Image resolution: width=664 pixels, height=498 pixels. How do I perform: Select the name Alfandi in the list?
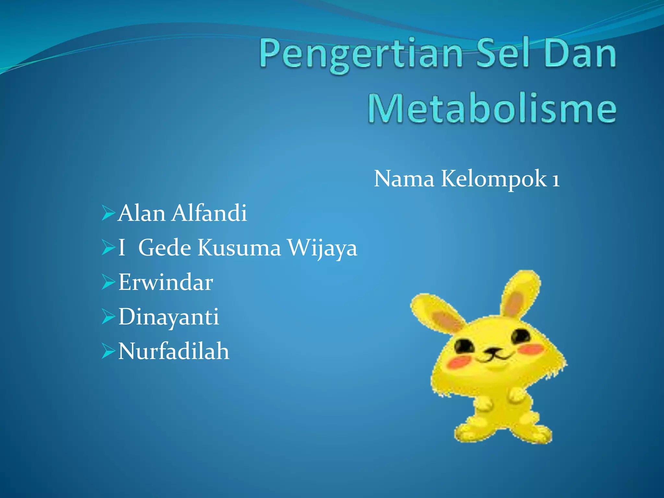tap(209, 213)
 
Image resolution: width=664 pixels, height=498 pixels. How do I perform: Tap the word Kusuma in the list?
tap(239, 248)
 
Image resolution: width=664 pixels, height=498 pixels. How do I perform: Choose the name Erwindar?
tap(165, 282)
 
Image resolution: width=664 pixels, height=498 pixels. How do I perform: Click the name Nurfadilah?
tap(174, 351)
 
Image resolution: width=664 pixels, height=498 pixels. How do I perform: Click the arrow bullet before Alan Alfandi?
tap(108, 213)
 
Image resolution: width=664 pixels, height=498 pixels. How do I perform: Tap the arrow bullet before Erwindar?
tap(108, 282)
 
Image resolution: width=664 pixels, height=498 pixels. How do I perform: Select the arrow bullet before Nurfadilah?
tap(108, 351)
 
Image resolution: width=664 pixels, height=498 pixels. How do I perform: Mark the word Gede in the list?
tap(165, 248)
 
